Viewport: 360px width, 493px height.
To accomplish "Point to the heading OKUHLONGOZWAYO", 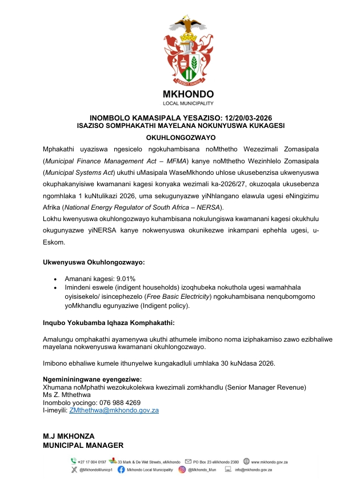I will (x=180, y=138).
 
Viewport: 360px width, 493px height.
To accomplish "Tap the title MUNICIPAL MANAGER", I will (x=83, y=445).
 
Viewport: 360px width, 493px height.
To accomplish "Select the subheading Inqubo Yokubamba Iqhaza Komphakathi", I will (x=110, y=323).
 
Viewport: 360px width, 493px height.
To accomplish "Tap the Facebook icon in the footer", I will (x=121, y=470).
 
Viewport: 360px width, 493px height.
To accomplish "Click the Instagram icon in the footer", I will (x=182, y=470).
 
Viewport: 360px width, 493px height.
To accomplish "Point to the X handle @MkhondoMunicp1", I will (x=95, y=470).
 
